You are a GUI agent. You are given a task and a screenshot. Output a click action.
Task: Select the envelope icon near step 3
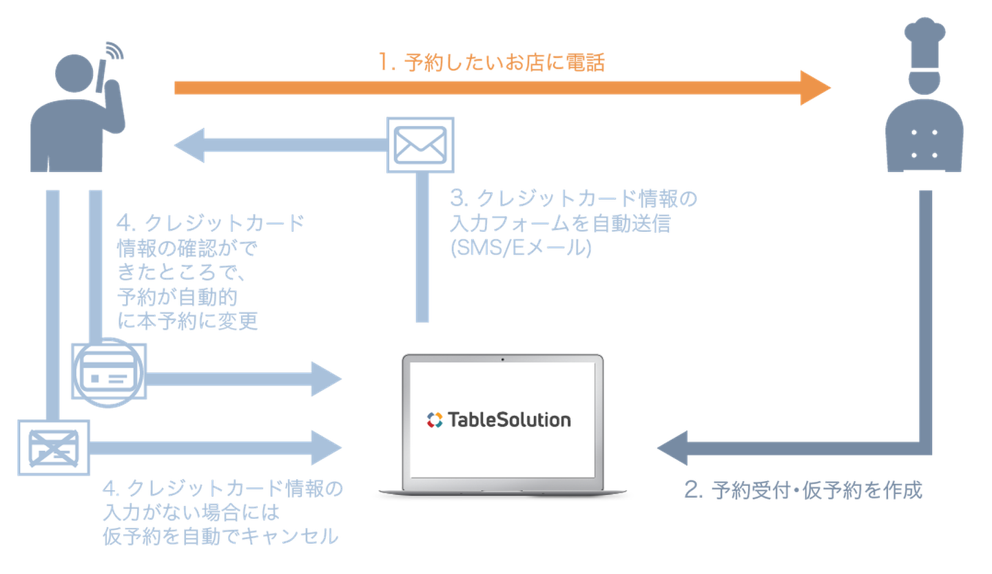[x=420, y=145]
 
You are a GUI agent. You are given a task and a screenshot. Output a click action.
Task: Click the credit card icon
[x=109, y=372]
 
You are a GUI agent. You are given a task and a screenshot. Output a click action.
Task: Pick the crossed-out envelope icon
[x=52, y=447]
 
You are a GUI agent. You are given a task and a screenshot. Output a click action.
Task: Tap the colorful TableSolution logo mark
[x=434, y=419]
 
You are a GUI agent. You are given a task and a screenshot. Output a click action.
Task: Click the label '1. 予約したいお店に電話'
[x=492, y=63]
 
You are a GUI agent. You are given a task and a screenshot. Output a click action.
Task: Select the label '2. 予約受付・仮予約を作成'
[x=803, y=491]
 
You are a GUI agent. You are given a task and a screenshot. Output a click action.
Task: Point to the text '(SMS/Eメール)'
[x=521, y=248]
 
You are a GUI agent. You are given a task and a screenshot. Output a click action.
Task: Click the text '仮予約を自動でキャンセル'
[x=220, y=536]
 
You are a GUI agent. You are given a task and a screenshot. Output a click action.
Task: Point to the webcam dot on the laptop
[x=502, y=359]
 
